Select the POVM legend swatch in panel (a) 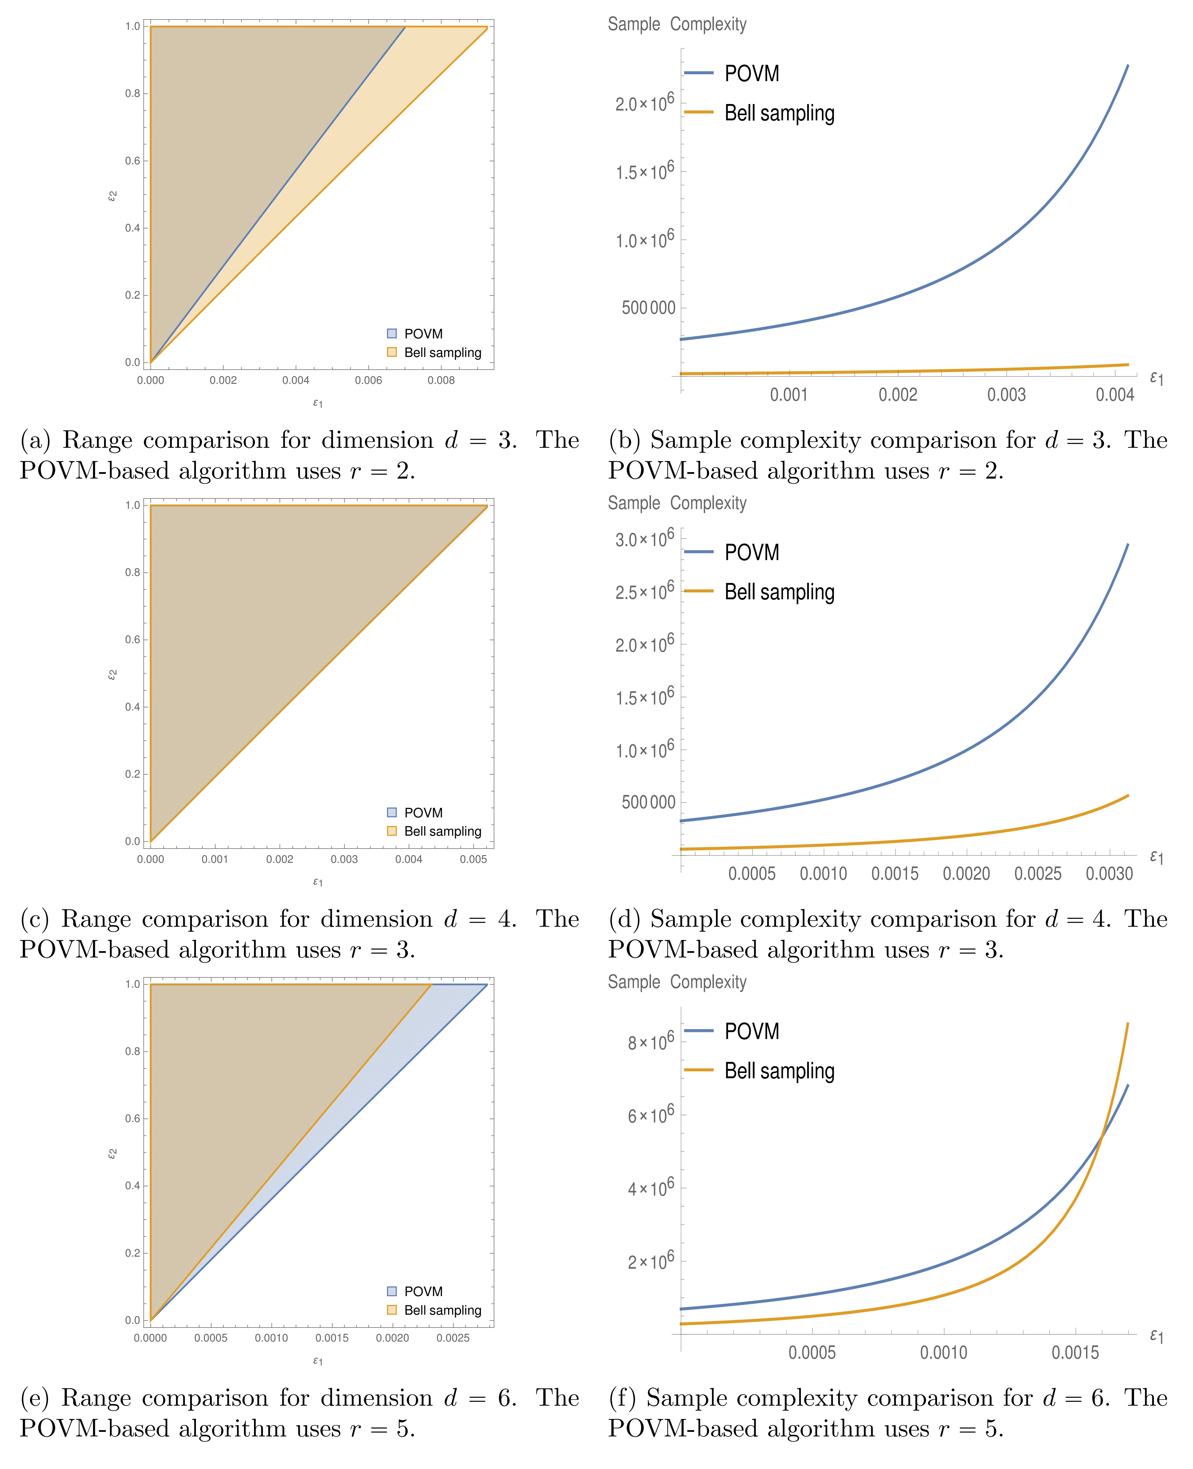tap(392, 334)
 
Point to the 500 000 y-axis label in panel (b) tap(648, 308)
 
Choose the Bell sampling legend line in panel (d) tap(699, 591)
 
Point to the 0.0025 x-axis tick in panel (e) tap(453, 1338)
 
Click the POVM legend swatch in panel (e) tap(392, 1291)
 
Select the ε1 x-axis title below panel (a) tap(317, 403)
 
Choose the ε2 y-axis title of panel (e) tap(112, 1154)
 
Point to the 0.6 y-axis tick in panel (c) tap(133, 639)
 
